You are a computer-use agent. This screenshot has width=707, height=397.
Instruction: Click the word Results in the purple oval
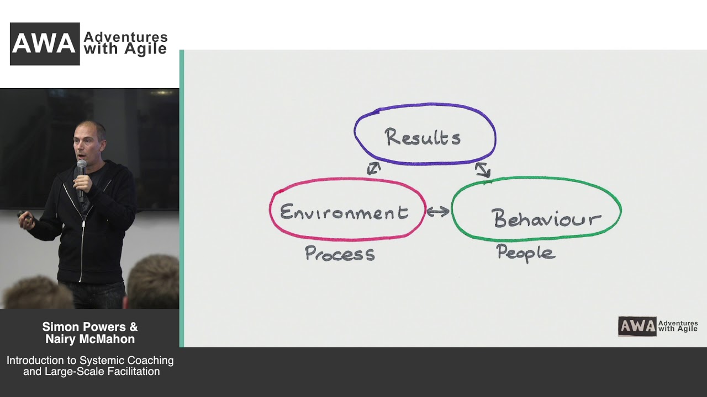pos(423,137)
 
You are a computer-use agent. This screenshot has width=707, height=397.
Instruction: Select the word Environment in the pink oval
pos(344,212)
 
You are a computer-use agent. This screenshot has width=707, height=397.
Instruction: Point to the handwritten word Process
pos(340,253)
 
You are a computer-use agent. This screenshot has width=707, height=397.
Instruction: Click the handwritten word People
pos(526,253)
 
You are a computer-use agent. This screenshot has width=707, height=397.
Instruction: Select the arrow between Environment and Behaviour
pos(438,211)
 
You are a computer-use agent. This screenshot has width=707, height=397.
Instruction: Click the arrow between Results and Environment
pos(374,168)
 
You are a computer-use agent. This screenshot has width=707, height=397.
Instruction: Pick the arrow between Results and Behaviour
pos(483,170)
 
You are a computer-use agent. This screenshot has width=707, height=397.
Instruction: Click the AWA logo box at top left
pos(45,44)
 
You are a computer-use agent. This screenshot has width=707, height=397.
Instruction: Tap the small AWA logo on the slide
pos(637,326)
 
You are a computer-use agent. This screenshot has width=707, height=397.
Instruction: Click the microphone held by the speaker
pos(81,180)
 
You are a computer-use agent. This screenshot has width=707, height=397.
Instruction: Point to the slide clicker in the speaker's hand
pos(25,217)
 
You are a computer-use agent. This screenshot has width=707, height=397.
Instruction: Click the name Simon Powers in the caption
pos(84,327)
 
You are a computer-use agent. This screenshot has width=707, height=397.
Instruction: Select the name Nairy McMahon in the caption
pos(90,339)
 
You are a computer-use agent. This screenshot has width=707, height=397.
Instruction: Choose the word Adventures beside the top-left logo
pos(125,37)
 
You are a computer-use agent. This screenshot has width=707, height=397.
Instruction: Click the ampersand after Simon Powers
pos(134,327)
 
